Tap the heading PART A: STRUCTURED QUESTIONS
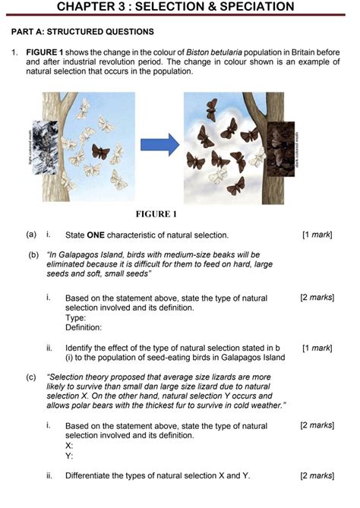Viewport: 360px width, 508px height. [83, 32]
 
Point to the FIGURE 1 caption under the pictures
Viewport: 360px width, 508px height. [156, 214]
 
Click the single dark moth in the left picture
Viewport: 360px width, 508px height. [100, 152]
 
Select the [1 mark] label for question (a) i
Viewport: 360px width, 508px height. [317, 235]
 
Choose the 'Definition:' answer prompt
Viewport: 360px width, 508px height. [84, 328]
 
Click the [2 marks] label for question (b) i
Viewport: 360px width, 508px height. [317, 298]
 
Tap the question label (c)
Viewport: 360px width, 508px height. [31, 377]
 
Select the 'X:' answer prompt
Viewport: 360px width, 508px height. [69, 446]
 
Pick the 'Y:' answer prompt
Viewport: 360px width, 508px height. [69, 456]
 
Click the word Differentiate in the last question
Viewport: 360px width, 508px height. [93, 476]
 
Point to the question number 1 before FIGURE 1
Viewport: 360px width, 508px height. [14, 52]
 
